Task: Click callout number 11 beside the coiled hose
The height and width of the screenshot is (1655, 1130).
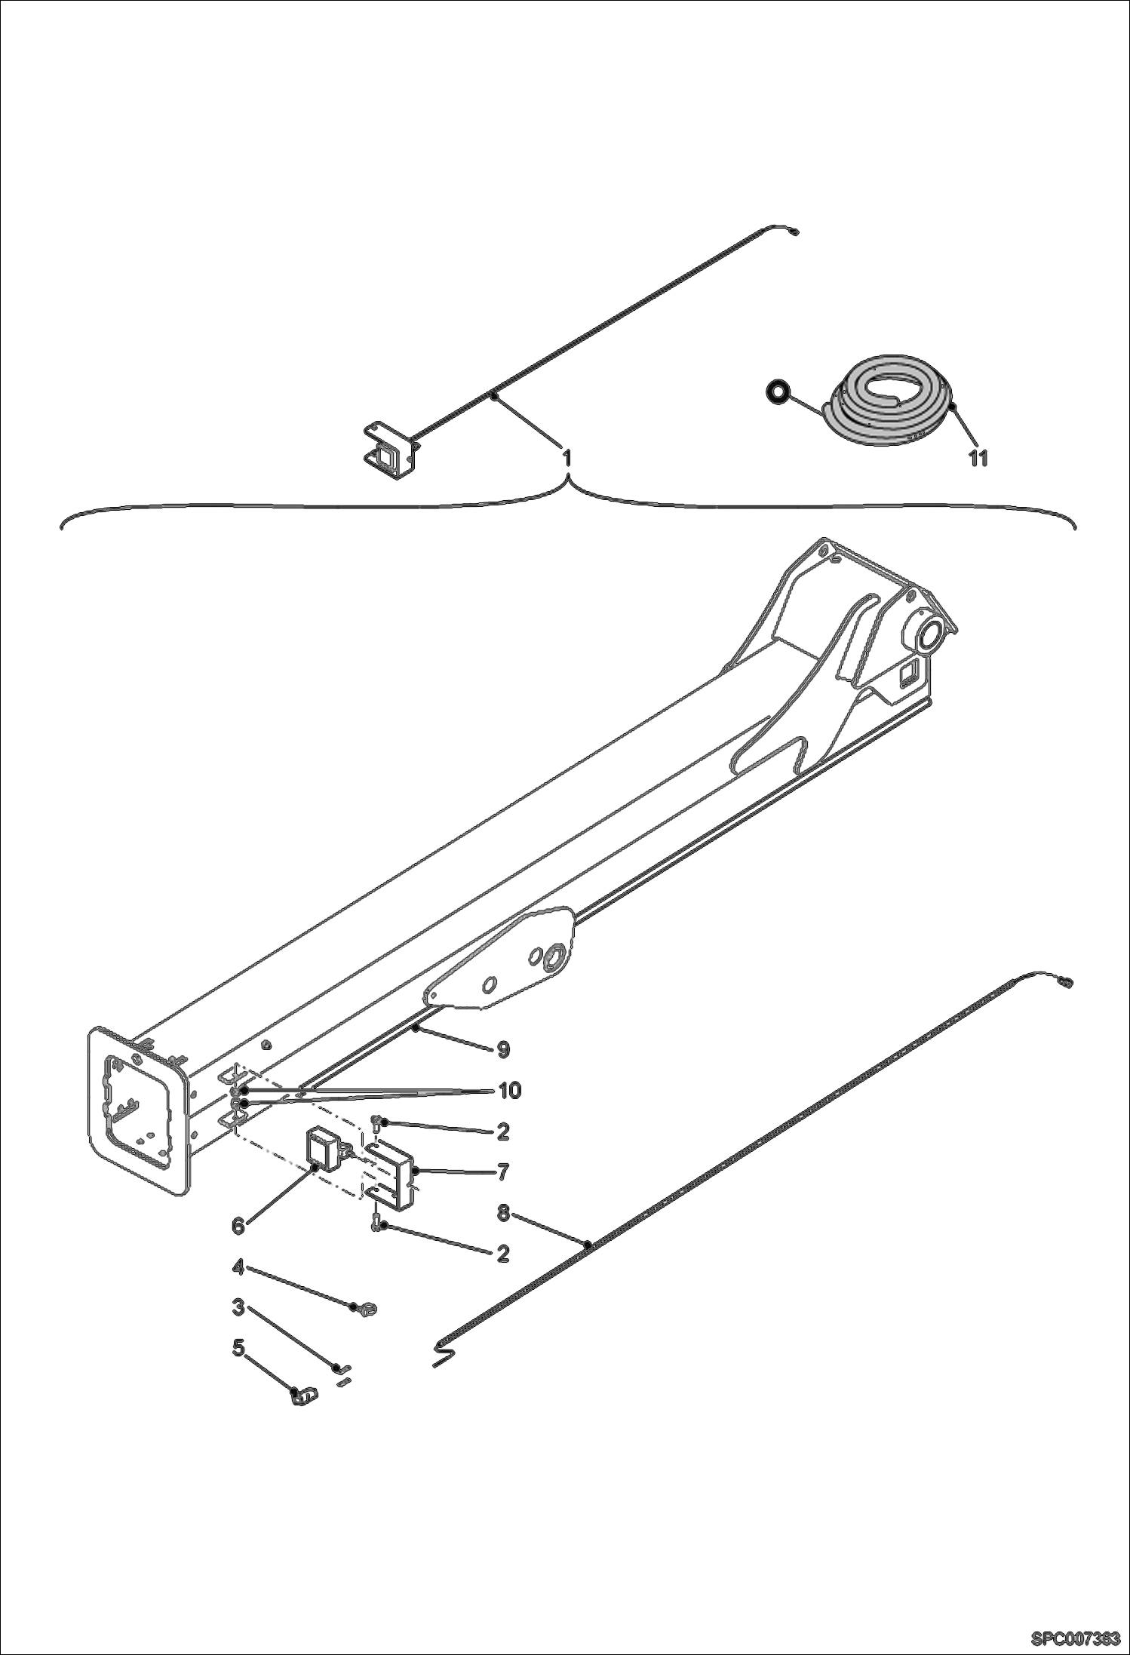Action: [978, 458]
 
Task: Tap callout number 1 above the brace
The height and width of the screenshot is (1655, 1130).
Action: [567, 458]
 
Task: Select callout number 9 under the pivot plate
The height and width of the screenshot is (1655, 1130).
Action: [503, 1049]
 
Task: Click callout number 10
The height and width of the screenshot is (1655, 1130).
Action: [510, 1091]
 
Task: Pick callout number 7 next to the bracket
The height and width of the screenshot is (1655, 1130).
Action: [503, 1171]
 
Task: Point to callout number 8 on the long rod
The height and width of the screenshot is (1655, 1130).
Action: [504, 1213]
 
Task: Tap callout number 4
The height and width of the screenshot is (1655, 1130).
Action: [238, 1268]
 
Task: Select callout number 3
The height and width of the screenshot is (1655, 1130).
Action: [238, 1307]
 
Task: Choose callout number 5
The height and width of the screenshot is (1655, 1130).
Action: [238, 1347]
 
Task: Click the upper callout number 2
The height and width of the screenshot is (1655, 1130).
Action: [503, 1131]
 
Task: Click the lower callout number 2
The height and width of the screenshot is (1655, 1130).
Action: [503, 1254]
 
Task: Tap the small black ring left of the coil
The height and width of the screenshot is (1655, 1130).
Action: [778, 391]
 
